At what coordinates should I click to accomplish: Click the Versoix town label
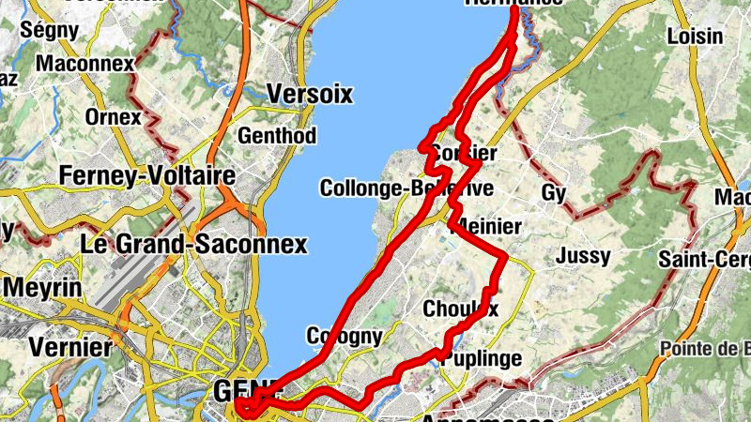[309, 94]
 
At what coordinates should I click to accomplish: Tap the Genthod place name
[277, 135]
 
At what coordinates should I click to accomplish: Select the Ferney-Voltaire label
[146, 175]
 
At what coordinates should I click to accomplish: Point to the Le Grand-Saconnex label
[194, 245]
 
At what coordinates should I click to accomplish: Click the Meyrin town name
[41, 286]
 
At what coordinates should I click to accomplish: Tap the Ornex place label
[112, 118]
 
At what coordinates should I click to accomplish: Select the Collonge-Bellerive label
[406, 188]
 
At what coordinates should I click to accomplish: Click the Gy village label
[554, 193]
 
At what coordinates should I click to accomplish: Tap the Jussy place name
[582, 255]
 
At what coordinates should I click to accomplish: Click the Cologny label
[344, 336]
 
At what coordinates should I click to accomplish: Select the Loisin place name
[694, 37]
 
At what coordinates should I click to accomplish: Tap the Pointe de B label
[709, 350]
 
